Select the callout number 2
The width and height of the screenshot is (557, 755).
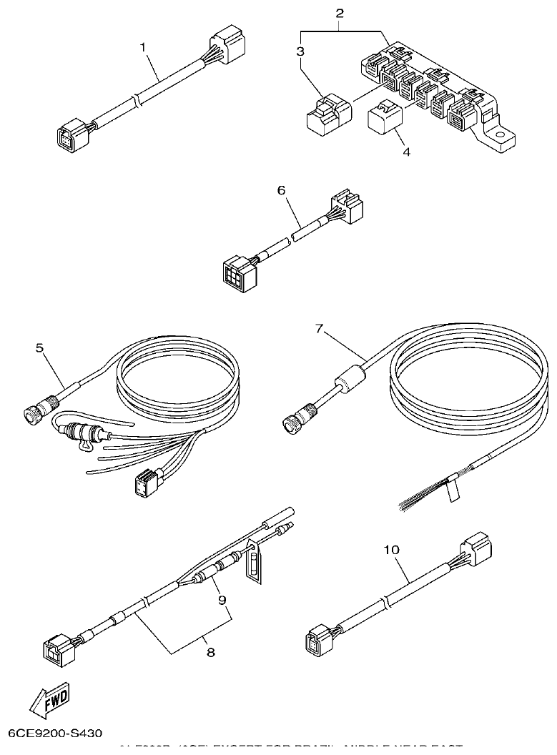(339, 13)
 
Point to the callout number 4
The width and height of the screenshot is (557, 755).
(406, 152)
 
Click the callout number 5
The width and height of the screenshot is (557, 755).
(39, 348)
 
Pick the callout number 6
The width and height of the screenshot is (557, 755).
(281, 190)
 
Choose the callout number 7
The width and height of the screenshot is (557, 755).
(320, 328)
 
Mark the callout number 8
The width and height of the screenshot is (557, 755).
(211, 651)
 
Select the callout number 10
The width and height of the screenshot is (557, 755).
(391, 550)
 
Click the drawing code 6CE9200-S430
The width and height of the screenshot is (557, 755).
(55, 734)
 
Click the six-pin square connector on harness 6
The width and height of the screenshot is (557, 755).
(235, 274)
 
